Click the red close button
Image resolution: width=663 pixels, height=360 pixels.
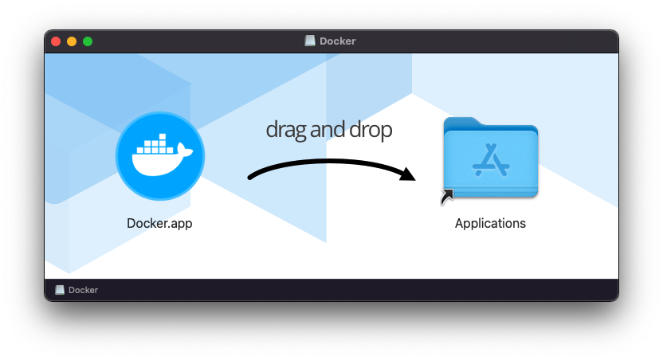(56, 41)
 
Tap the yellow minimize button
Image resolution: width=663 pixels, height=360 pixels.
(72, 41)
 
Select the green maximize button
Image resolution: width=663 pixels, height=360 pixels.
(88, 41)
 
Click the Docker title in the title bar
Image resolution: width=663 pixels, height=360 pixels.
(337, 41)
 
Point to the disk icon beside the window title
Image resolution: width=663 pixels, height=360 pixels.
(310, 41)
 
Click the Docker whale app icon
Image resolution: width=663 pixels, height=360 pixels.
(160, 156)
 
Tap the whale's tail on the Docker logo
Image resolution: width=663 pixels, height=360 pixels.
(185, 150)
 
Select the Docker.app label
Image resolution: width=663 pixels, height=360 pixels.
(159, 223)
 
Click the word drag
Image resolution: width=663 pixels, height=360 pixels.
(286, 130)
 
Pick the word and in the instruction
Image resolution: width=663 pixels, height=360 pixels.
(328, 129)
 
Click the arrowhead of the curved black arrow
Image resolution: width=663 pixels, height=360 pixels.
(408, 174)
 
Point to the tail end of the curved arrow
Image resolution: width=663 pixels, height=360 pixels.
(250, 178)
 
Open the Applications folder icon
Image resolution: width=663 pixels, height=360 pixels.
(491, 157)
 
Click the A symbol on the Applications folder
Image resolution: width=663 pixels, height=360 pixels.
(491, 160)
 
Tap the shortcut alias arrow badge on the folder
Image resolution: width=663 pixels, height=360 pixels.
(447, 197)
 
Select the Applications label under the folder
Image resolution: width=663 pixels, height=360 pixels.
(491, 223)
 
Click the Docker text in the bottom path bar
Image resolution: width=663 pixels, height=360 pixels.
(84, 290)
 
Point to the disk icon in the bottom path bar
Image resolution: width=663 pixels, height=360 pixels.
(60, 290)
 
